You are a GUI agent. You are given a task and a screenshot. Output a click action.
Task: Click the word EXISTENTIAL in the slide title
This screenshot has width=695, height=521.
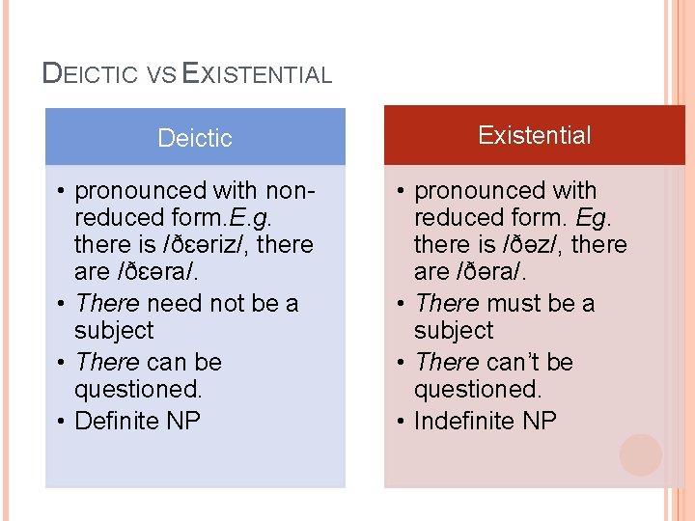coord(257,73)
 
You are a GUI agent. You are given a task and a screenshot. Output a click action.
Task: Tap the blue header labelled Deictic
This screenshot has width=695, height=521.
coord(195,137)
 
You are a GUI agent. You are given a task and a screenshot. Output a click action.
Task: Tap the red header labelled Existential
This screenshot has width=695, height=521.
coord(534,135)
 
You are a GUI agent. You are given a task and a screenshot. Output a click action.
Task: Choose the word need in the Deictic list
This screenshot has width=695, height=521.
coord(175,304)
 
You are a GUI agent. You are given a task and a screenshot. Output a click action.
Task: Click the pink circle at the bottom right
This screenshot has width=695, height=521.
coord(641,454)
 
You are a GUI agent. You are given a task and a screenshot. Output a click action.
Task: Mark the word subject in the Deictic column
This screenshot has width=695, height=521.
coord(114,331)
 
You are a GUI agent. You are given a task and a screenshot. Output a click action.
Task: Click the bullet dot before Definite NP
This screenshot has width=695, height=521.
coord(62,422)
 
